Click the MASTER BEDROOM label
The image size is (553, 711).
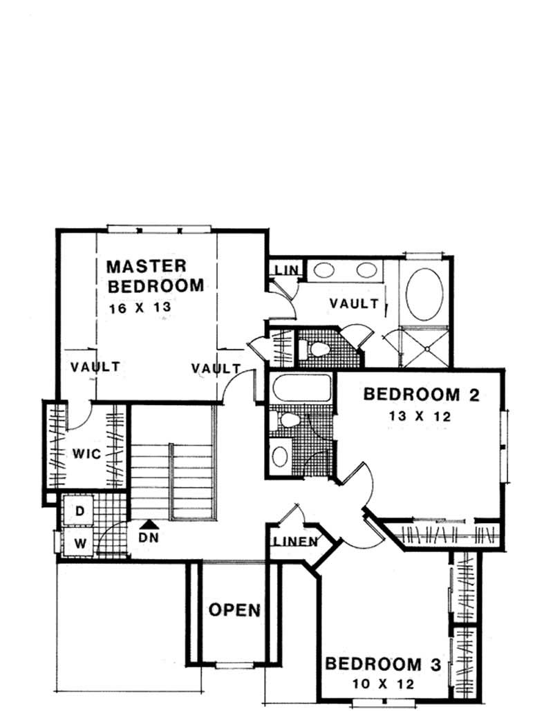point(155,275)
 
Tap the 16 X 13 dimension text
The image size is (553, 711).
point(139,308)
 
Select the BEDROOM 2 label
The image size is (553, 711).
point(421,395)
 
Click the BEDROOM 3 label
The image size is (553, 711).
point(382,665)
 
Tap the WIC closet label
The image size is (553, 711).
point(87,454)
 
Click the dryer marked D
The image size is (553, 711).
point(79,511)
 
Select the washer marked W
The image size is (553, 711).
point(80,542)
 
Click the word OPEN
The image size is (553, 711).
point(235,610)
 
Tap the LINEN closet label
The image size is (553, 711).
point(293,541)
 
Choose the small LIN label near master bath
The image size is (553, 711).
point(285,269)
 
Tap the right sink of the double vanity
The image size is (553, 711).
point(365,270)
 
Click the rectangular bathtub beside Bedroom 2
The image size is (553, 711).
point(301,388)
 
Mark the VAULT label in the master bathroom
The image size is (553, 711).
point(353,303)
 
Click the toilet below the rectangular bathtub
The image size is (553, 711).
point(287,419)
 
